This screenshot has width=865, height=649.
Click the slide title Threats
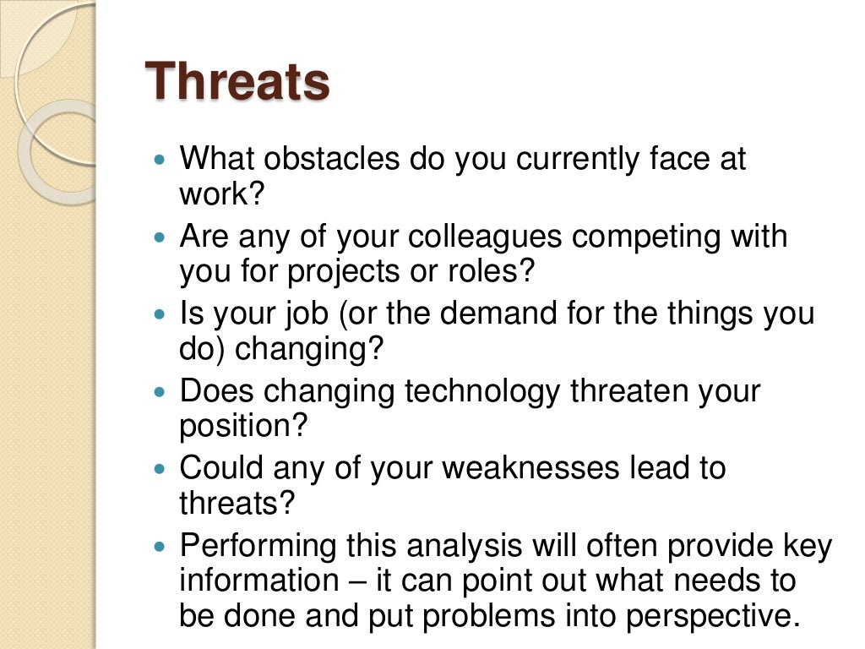point(237,83)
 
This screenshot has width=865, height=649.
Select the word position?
point(242,428)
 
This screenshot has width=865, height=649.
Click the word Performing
point(258,547)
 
